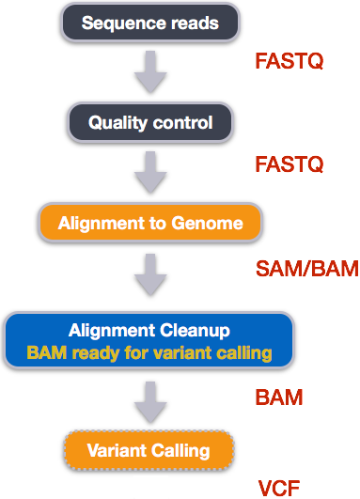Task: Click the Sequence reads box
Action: pyautogui.click(x=149, y=22)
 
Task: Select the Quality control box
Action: pyautogui.click(x=149, y=122)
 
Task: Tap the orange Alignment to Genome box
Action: pyautogui.click(x=149, y=224)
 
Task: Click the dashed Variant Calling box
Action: pyautogui.click(x=149, y=450)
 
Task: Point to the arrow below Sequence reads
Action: pyautogui.click(x=149, y=71)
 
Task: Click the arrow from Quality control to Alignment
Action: pyautogui.click(x=149, y=173)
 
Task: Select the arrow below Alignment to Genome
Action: pyautogui.click(x=149, y=273)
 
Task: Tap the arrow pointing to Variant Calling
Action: pyautogui.click(x=149, y=398)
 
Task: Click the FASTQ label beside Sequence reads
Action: pyautogui.click(x=289, y=62)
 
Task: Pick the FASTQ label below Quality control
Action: pyautogui.click(x=289, y=164)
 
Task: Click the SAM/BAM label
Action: pyautogui.click(x=307, y=269)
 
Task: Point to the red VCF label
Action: pyautogui.click(x=279, y=487)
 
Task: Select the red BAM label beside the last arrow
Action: pyautogui.click(x=279, y=398)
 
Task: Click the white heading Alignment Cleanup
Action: pyautogui.click(x=149, y=331)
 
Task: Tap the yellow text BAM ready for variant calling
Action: pyautogui.click(x=149, y=353)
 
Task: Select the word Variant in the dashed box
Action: pyautogui.click(x=115, y=450)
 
